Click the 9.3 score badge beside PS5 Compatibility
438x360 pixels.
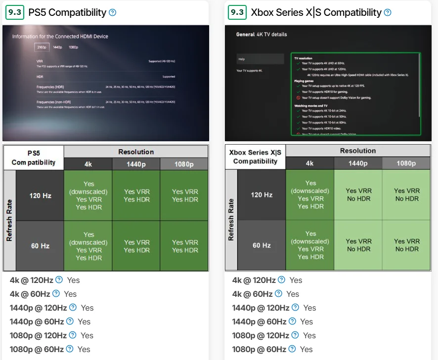(14, 12)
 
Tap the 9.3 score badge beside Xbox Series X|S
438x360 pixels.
(237, 12)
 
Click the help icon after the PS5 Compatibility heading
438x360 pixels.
(112, 12)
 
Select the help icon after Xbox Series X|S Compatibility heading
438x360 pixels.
(387, 12)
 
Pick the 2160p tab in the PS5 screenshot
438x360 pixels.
(42, 47)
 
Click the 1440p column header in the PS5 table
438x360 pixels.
(136, 164)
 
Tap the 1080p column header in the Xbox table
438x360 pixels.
(407, 163)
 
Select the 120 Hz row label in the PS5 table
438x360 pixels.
(41, 196)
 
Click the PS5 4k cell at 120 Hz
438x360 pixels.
(88, 196)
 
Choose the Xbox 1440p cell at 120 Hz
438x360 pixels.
(358, 195)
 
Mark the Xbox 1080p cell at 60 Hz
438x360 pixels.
(407, 245)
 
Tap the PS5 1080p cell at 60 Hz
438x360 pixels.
(184, 246)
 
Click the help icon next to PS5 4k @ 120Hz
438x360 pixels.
(59, 280)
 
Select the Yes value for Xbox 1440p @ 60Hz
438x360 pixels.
(307, 321)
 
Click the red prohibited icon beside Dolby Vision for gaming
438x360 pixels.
(298, 98)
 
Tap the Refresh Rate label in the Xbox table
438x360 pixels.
(231, 220)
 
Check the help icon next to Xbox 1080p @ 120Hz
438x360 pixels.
(295, 335)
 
